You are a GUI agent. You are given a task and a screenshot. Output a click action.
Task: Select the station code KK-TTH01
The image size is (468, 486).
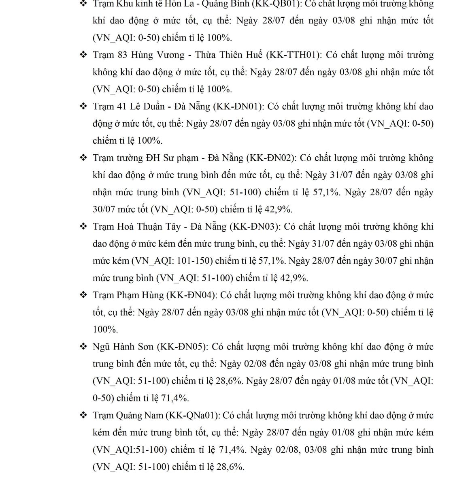294,55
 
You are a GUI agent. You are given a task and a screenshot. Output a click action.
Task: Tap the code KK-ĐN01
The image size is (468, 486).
237,107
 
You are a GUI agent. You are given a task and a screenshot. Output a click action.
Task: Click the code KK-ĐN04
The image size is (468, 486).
191,295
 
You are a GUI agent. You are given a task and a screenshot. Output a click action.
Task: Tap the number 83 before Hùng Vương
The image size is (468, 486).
122,55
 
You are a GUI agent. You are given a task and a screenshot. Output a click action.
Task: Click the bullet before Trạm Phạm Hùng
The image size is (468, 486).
83,295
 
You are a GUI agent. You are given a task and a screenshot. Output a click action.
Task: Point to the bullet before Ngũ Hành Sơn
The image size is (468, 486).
83,347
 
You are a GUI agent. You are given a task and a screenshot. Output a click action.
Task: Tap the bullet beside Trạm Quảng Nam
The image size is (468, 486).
83,416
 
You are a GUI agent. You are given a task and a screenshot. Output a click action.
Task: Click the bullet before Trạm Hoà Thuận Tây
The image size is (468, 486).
83,226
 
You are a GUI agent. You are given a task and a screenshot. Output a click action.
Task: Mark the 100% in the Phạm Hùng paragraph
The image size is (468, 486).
105,329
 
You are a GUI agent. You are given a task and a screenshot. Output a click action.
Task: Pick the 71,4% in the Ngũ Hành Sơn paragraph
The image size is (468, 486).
175,398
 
